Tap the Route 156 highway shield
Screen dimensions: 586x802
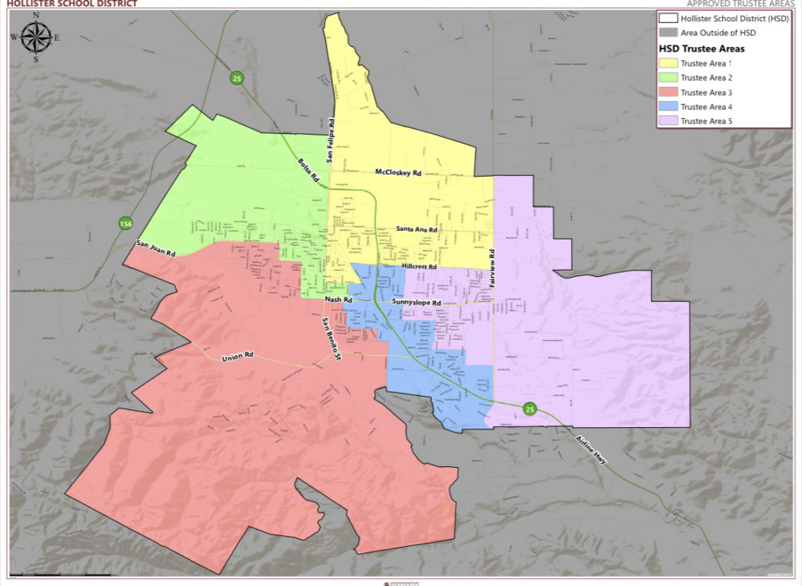pyautogui.click(x=125, y=225)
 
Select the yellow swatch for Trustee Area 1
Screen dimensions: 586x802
pyautogui.click(x=668, y=63)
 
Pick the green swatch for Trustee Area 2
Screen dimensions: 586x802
pyautogui.click(x=668, y=77)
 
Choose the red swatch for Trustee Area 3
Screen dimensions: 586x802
pyautogui.click(x=668, y=92)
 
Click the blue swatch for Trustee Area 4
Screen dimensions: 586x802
pyautogui.click(x=668, y=106)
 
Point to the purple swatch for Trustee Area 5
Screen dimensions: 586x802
pyautogui.click(x=668, y=120)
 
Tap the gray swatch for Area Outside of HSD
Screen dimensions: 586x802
pyautogui.click(x=668, y=32)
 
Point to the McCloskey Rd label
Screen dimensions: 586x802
pyautogui.click(x=399, y=172)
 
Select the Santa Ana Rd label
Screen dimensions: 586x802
pyautogui.click(x=417, y=228)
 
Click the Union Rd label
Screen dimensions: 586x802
pyautogui.click(x=239, y=358)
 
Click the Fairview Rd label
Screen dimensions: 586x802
pyautogui.click(x=493, y=270)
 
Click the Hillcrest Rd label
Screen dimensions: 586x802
pyautogui.click(x=419, y=267)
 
